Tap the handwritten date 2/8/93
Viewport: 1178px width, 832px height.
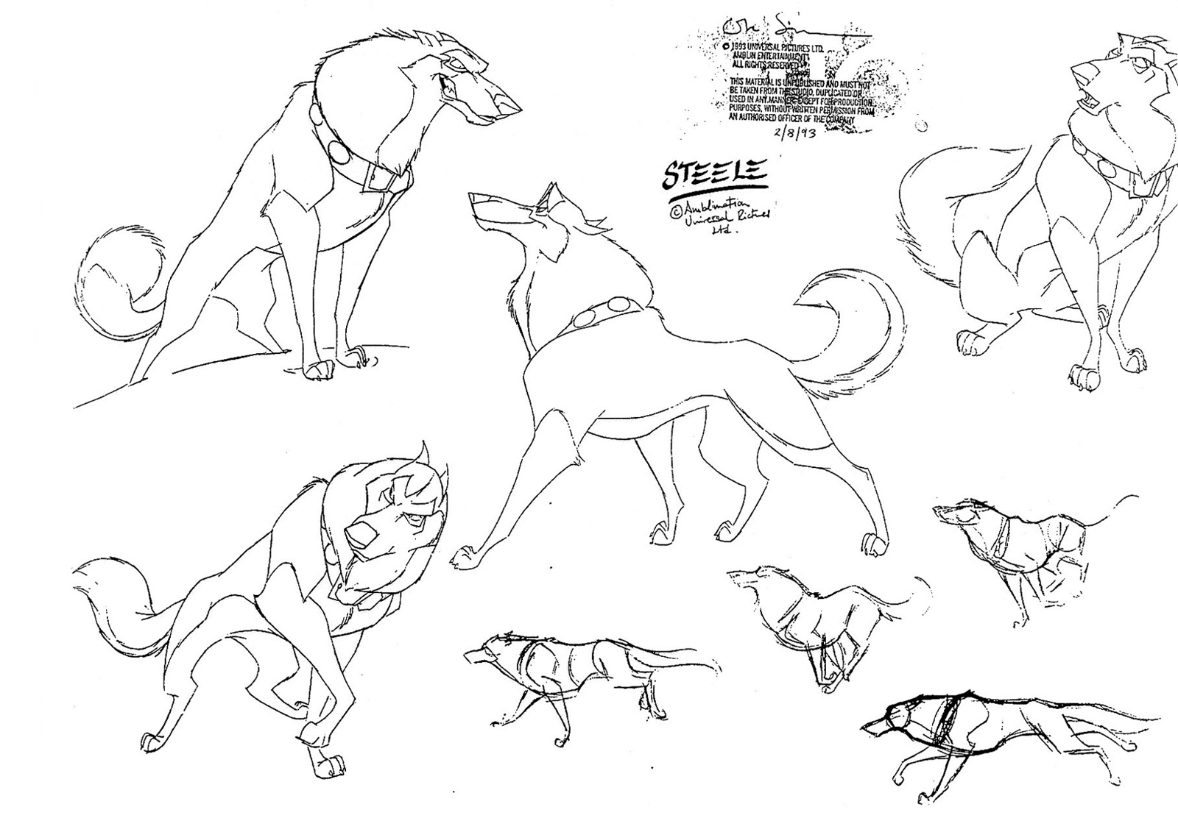(798, 133)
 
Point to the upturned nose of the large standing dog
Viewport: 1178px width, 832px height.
(476, 198)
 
